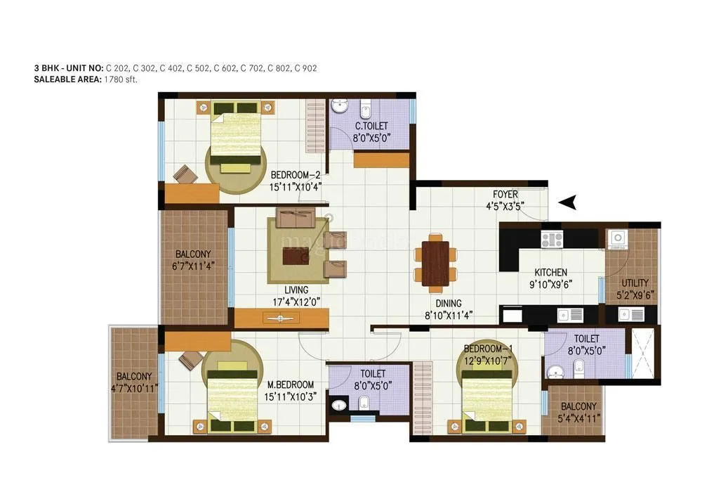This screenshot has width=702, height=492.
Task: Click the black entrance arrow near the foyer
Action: [x=568, y=202]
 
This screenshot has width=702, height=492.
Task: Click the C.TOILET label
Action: [x=371, y=126]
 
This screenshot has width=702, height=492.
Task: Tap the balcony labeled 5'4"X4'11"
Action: [x=578, y=412]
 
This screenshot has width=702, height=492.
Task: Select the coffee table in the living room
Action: [x=295, y=257]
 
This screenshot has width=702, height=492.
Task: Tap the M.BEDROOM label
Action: [x=290, y=385]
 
